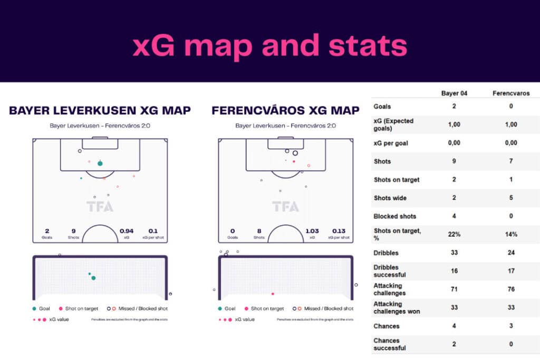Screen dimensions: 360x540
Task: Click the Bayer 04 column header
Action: click(454, 93)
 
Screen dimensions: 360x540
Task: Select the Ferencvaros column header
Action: click(510, 93)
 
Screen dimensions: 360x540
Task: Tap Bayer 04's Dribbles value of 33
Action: click(454, 252)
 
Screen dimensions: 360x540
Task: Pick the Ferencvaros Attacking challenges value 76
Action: click(510, 289)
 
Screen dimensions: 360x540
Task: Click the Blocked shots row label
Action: click(394, 216)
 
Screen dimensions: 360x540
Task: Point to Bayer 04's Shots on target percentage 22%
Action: click(454, 234)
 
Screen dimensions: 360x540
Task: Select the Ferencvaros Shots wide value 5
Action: click(510, 198)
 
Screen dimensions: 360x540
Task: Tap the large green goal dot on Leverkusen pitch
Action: click(100, 163)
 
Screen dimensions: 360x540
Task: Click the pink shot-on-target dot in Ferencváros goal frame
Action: click(273, 294)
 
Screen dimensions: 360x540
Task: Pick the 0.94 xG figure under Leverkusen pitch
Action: click(127, 231)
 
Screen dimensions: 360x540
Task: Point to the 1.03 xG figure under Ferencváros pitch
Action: click(312, 231)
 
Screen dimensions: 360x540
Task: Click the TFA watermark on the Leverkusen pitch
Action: click(100, 207)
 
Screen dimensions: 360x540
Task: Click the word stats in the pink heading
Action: click(368, 46)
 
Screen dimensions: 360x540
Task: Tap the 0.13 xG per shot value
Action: click(339, 231)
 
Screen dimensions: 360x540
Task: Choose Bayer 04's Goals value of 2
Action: click(454, 106)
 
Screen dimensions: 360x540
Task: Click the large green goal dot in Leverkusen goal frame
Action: click(93, 278)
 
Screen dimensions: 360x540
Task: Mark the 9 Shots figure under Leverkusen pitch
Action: click(73, 231)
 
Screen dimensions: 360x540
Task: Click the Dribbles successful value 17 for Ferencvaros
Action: click(510, 271)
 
